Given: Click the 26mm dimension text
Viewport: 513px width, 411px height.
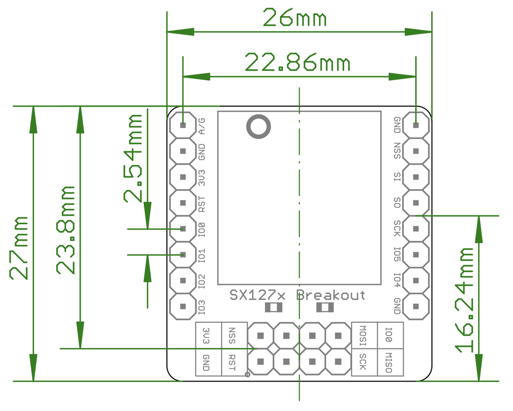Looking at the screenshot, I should coord(295,19).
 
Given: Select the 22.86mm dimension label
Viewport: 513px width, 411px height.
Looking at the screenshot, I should coord(297,63).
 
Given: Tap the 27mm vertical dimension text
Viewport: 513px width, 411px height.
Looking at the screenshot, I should coord(20,248).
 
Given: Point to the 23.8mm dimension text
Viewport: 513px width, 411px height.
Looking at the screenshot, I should coord(66,230).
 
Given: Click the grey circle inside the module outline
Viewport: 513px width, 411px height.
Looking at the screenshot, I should coord(258,127).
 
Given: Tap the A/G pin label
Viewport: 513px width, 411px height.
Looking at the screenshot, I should coord(202,126).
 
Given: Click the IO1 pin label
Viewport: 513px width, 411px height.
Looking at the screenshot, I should coord(202,255).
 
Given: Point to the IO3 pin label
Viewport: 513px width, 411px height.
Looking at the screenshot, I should coord(202,307).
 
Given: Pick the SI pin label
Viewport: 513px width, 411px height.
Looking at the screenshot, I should coord(397,177).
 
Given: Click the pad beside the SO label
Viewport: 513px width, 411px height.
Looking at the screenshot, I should coord(416,203).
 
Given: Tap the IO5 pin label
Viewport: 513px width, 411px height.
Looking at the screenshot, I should coord(397,255).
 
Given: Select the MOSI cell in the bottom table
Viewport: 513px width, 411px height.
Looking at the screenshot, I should coord(364,335).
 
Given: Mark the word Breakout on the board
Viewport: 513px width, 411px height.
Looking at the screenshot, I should coord(331,295).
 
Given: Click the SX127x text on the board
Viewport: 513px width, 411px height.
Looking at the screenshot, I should coord(258,295).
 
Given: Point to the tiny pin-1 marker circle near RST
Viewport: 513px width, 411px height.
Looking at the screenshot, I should coord(247,374).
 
